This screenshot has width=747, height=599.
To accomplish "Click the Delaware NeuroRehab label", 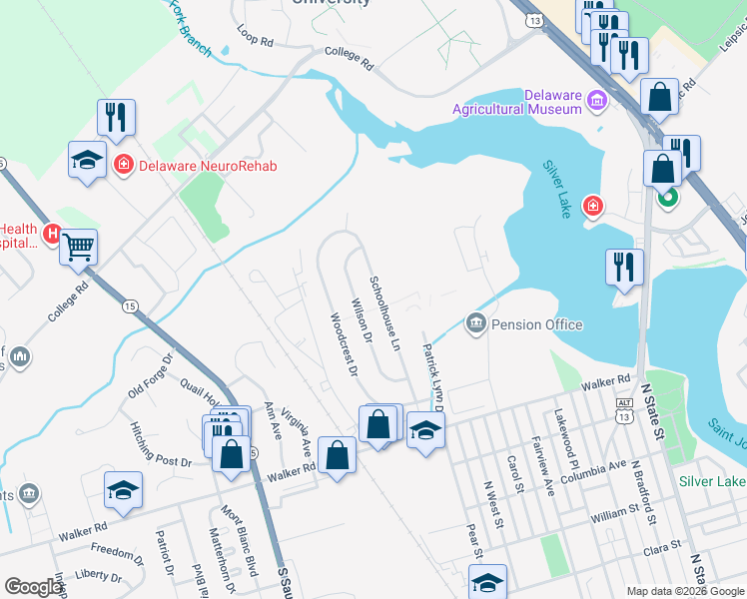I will tap(208, 166).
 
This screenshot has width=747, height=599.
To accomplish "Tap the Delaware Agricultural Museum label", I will tap(517, 102).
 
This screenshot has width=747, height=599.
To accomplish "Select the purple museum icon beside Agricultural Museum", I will tap(597, 99).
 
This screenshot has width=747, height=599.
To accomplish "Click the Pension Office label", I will tap(537, 324).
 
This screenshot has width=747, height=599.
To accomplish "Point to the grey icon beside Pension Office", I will tap(475, 323).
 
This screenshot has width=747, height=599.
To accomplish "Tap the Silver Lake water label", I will tap(557, 189).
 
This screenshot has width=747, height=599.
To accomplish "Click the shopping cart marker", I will tap(78, 246).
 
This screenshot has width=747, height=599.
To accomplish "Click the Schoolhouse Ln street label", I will tap(383, 313).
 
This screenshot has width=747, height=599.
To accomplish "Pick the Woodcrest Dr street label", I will tap(343, 344).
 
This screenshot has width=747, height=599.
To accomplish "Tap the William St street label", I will tap(620, 513).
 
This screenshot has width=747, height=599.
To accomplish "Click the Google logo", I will tap(33, 587).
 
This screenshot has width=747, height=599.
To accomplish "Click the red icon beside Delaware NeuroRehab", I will tap(124, 165).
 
